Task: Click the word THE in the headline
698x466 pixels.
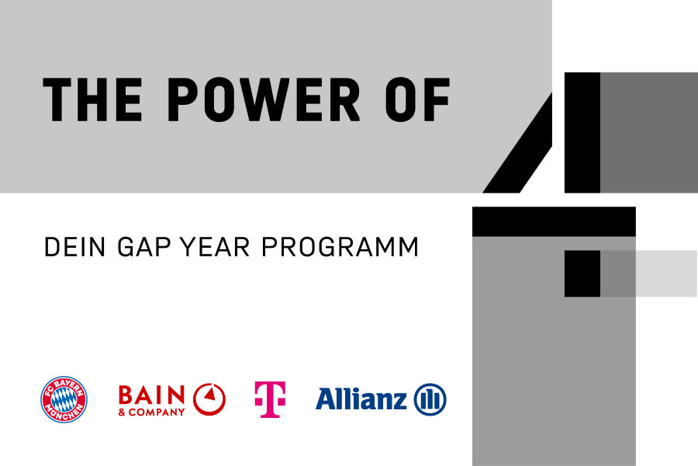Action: (92, 99)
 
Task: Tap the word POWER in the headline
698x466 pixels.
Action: (264, 99)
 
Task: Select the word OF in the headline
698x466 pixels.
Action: (418, 99)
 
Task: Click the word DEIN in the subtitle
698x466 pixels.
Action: (74, 247)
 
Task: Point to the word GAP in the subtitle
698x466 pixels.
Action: (143, 247)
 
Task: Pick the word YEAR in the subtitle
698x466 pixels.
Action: (215, 247)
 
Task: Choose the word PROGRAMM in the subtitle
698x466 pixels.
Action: (340, 247)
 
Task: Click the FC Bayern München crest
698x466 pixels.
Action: (64, 399)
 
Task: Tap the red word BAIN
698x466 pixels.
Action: (151, 395)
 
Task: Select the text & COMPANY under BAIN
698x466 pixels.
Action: (151, 412)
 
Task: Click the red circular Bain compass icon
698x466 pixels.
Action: (209, 399)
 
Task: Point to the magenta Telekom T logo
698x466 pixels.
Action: (270, 399)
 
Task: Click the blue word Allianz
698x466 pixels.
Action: (361, 398)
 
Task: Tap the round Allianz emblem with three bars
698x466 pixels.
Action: (430, 399)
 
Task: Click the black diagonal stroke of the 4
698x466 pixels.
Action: (518, 143)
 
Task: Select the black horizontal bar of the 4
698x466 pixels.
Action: (554, 221)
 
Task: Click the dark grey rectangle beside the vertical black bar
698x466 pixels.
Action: (649, 133)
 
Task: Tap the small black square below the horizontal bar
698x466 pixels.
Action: (582, 273)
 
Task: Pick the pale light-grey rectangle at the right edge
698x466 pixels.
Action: (666, 273)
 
